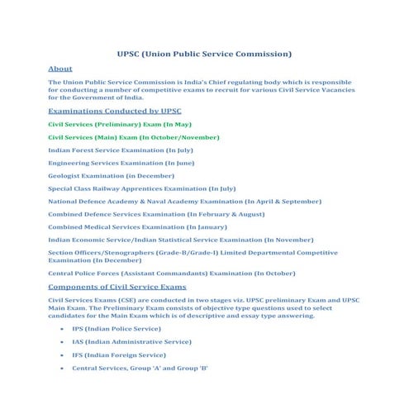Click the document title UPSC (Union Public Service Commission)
click(x=203, y=55)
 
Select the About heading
click(x=60, y=69)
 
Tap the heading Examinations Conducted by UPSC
click(x=114, y=111)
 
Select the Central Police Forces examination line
click(x=171, y=273)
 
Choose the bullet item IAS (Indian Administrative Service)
click(x=131, y=341)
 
